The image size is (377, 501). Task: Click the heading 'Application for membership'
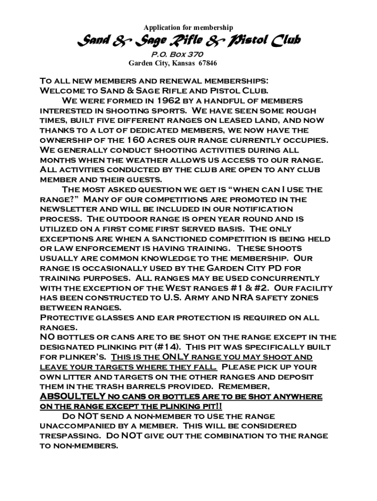[x=188, y=27]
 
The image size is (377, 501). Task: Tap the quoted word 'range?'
[x=57, y=200]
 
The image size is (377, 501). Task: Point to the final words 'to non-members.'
[x=79, y=446]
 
